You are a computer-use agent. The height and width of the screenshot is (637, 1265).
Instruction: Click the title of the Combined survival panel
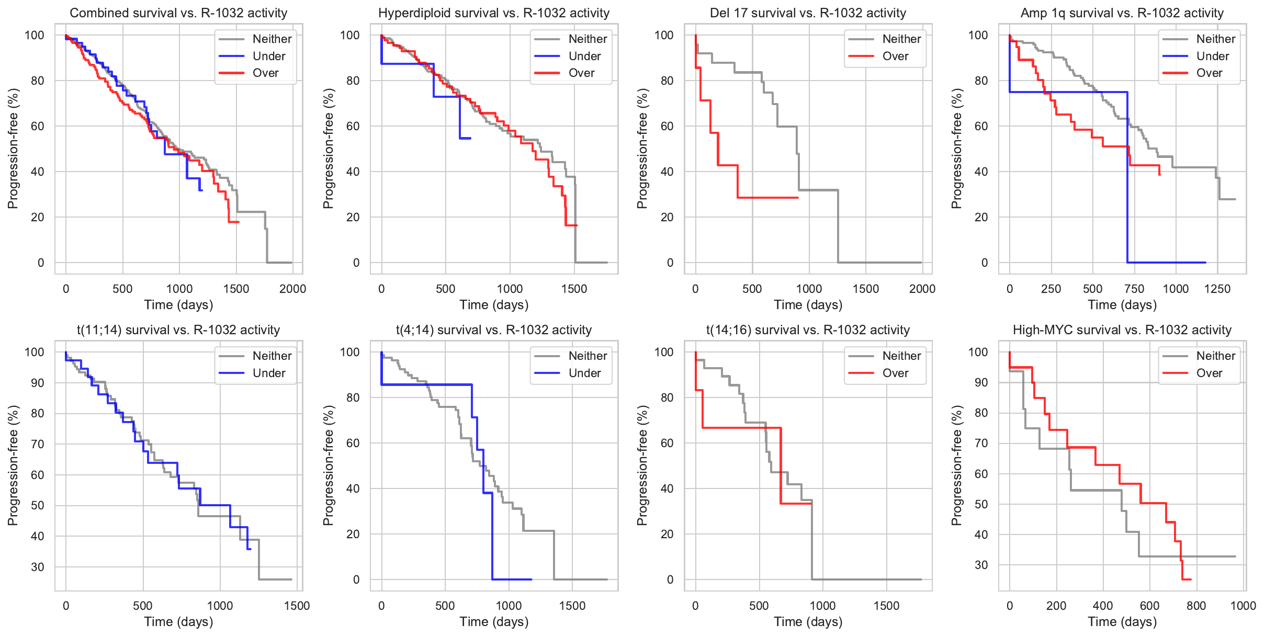click(178, 13)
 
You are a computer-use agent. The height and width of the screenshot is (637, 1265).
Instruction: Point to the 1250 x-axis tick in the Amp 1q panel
click(1217, 289)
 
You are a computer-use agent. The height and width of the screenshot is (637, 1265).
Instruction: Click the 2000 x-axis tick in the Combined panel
click(292, 289)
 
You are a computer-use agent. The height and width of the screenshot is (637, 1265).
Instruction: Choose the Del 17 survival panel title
click(808, 13)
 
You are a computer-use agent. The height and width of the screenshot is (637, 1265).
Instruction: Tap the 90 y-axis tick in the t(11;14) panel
click(38, 383)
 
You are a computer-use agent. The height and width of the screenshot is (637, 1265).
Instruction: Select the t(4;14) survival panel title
click(494, 330)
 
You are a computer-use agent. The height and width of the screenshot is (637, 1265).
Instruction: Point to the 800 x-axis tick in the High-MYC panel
click(1196, 606)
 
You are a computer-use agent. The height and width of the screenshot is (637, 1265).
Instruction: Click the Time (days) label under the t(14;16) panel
click(808, 622)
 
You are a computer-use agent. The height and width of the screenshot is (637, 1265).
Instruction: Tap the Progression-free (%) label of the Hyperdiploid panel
click(328, 149)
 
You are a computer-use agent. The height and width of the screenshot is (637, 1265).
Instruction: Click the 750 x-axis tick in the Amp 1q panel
click(1134, 289)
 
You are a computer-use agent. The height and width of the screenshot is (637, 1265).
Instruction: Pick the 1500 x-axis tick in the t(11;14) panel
click(297, 606)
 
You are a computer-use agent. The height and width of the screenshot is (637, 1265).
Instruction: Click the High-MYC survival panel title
click(1122, 330)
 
